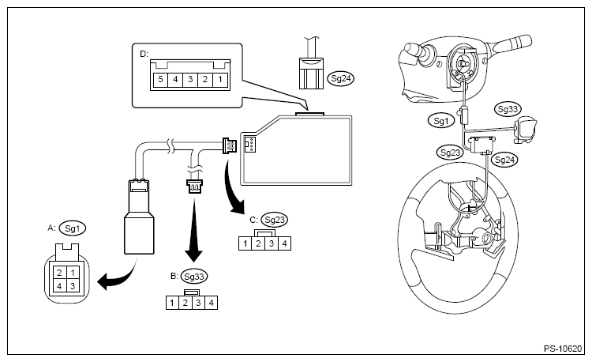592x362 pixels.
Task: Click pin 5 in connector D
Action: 160,80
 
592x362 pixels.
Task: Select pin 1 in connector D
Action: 220,80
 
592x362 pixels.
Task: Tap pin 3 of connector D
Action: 190,80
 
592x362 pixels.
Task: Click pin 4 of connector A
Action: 60,286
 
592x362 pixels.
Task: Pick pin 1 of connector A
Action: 73,273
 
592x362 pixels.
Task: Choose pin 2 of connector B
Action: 185,303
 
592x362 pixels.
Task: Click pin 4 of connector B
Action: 212,303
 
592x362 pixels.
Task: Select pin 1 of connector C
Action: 245,243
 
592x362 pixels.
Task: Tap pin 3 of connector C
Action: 272,243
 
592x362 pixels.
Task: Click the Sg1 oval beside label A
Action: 73,228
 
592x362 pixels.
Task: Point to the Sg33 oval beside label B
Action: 194,276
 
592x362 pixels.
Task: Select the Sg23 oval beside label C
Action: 275,220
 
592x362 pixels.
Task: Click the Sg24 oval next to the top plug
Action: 341,78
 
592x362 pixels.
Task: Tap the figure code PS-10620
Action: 563,349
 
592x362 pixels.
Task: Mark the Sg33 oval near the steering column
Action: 508,110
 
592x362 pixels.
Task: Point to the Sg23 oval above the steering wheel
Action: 450,153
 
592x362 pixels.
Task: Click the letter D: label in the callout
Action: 144,54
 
